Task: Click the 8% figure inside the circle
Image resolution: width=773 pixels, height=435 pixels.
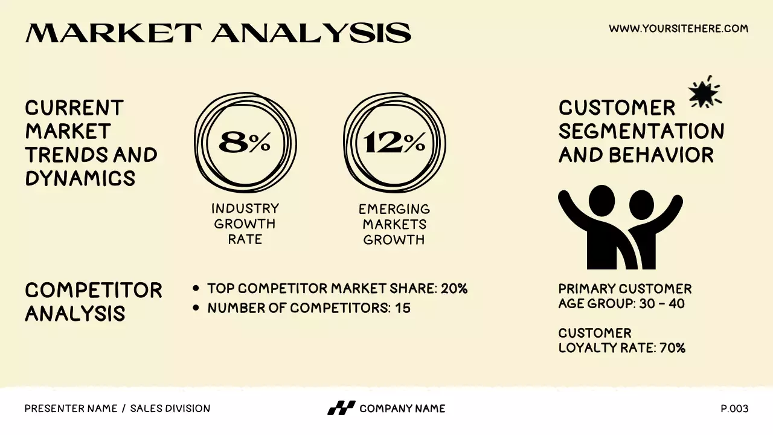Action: pos(245,143)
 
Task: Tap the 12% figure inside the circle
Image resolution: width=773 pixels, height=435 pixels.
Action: pos(394,143)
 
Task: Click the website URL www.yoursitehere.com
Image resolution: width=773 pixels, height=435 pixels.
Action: pos(678,28)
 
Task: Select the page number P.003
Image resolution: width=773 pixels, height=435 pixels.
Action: pos(734,409)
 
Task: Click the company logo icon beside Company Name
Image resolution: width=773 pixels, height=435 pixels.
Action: pos(341,408)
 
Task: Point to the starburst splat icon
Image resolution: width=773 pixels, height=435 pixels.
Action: pos(704,92)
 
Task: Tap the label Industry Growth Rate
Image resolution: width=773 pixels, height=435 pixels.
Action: pos(245,224)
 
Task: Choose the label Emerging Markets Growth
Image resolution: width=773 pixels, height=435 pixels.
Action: pos(394,224)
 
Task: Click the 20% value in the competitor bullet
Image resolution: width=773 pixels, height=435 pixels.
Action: pos(454,289)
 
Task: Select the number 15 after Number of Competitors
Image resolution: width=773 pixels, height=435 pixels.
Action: pos(403,308)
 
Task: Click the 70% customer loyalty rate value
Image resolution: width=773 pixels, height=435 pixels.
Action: pos(672,348)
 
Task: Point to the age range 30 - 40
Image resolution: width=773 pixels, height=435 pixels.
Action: pos(662,303)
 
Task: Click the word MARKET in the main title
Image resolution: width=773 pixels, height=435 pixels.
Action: pos(114,33)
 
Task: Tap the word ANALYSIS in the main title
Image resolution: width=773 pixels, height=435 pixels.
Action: pos(312,33)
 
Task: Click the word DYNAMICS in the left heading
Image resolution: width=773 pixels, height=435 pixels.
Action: pos(80,178)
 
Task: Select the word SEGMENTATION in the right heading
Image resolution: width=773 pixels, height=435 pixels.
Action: pos(641,131)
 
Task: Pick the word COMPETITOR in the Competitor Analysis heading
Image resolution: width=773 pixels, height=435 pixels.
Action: pos(94,290)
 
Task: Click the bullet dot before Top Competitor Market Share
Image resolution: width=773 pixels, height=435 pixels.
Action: pos(196,289)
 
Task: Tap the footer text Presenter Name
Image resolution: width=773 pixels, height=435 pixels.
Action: pos(71,409)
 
